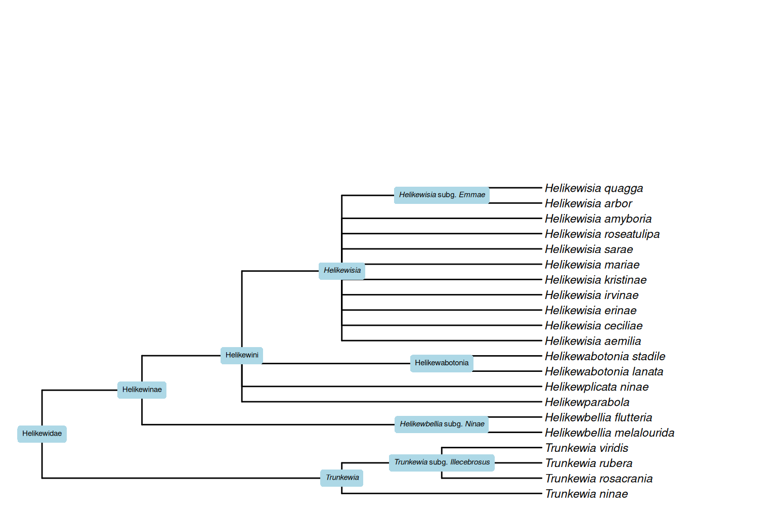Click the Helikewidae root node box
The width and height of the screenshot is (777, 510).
point(42,434)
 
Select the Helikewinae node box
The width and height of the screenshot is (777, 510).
point(142,390)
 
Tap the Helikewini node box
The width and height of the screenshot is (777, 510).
point(242,355)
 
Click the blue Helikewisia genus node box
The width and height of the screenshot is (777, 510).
point(342,271)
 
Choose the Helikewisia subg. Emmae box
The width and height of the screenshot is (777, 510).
point(442,195)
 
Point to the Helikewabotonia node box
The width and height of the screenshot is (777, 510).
point(442,363)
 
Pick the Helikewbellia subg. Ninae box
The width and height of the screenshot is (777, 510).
point(442,424)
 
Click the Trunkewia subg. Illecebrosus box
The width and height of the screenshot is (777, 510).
point(442,462)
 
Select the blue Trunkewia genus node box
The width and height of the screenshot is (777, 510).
point(342,478)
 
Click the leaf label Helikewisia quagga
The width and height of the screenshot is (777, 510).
point(593,188)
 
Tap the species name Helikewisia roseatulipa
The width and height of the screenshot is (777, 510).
point(602,234)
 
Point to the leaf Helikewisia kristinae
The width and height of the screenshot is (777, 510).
point(595,280)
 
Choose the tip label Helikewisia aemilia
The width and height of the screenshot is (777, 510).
point(593,341)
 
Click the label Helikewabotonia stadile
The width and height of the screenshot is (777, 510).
point(605,356)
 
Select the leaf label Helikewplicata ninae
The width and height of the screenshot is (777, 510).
point(596,387)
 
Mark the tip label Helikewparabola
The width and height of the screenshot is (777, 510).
point(587,402)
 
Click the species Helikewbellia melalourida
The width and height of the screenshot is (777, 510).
point(610,433)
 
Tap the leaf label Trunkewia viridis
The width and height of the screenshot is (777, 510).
point(586,448)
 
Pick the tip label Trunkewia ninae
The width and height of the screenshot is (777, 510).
point(586,494)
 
